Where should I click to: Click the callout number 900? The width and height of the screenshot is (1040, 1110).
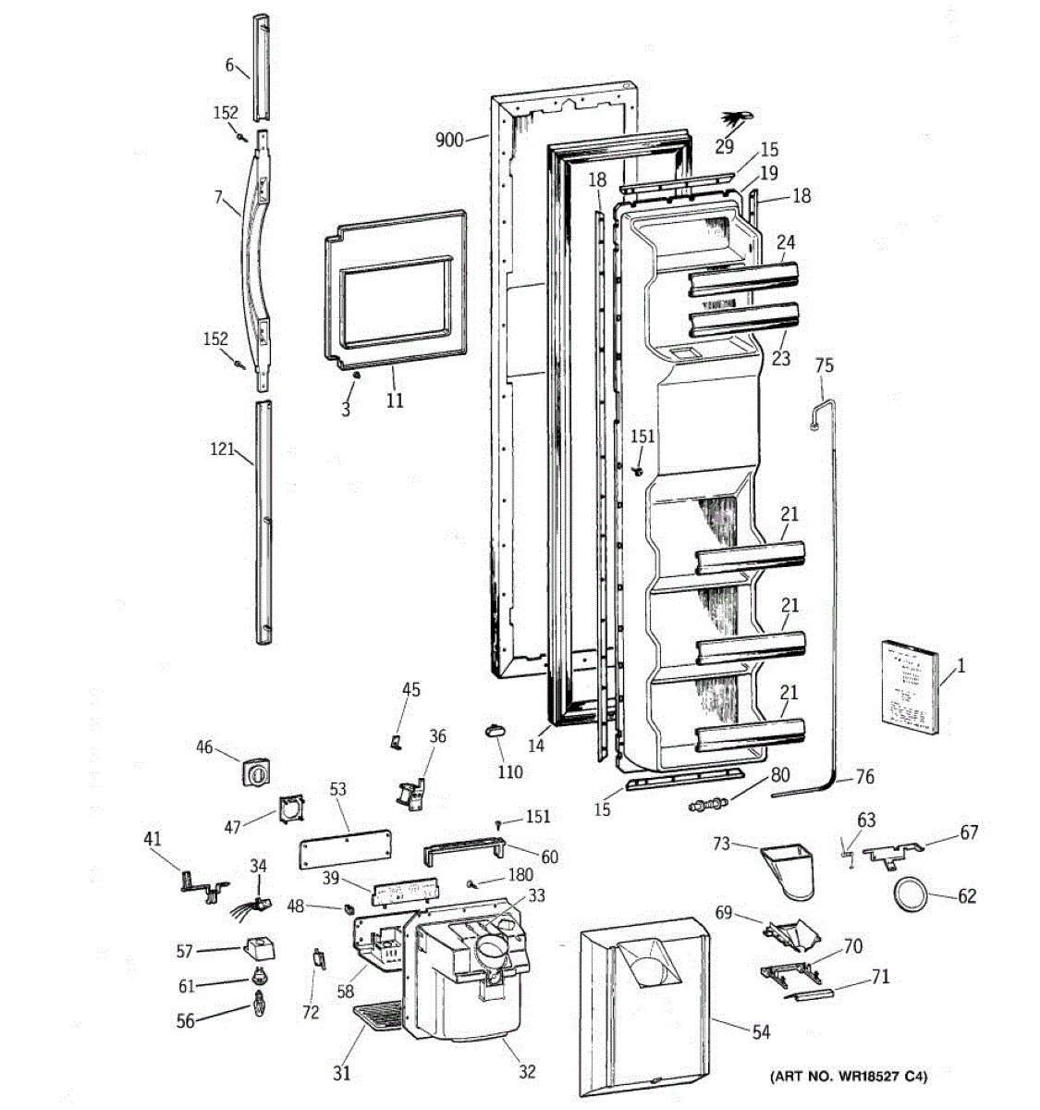pyautogui.click(x=449, y=141)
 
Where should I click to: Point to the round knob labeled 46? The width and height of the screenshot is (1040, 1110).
pyautogui.click(x=253, y=771)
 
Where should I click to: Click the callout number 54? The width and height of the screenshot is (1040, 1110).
pyautogui.click(x=760, y=1032)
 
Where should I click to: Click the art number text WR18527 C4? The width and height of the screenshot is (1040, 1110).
pyautogui.click(x=850, y=1076)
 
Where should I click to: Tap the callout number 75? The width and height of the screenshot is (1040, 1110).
pyautogui.click(x=824, y=365)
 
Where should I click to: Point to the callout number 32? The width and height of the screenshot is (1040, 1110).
pyautogui.click(x=527, y=1072)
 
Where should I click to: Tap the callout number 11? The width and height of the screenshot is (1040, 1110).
pyautogui.click(x=395, y=401)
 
